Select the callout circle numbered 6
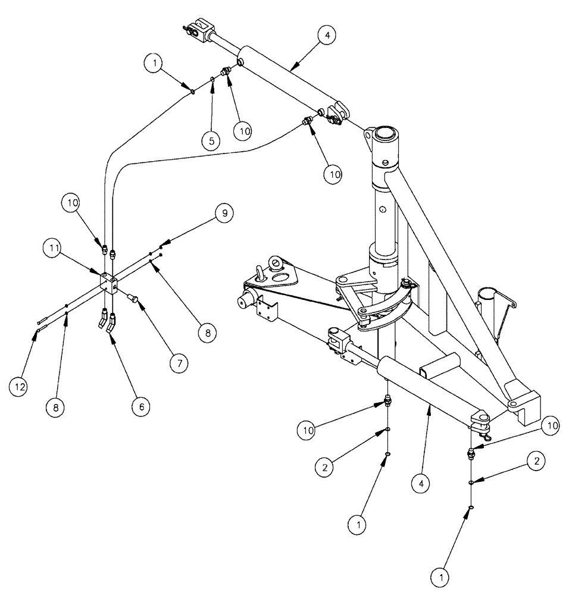click(x=140, y=406)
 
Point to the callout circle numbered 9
click(x=224, y=212)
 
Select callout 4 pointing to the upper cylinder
click(x=326, y=36)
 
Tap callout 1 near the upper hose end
click(x=154, y=62)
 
